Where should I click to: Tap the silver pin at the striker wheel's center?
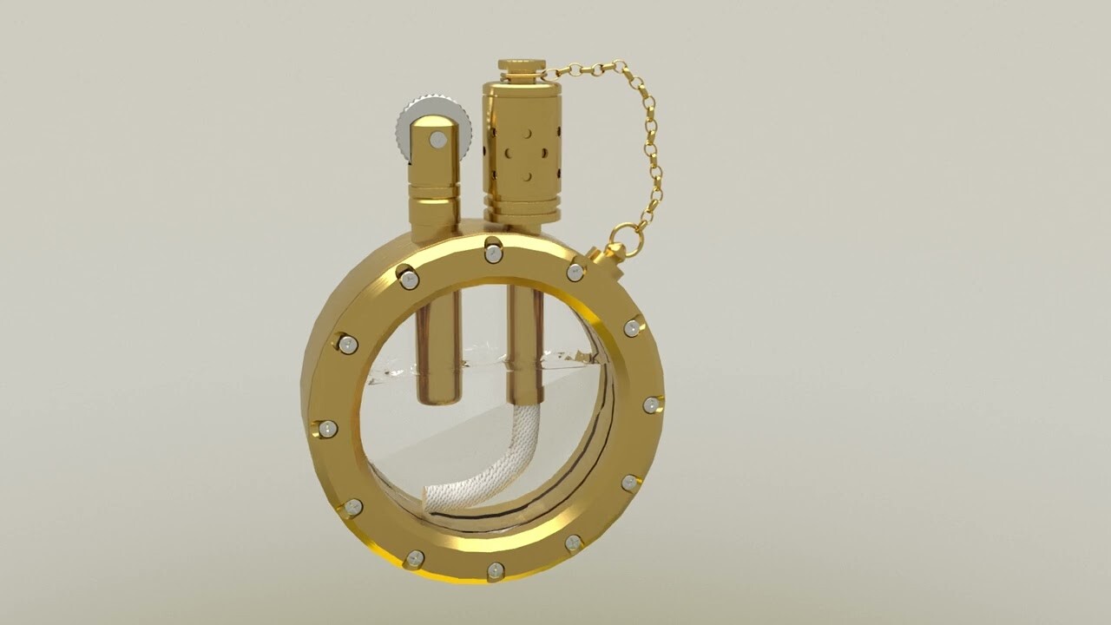tap(438, 140)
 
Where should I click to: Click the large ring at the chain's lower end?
tap(626, 240)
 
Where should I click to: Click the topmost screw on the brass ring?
tap(493, 253)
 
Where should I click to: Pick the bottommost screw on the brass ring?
tap(495, 570)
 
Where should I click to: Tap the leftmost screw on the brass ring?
tap(327, 429)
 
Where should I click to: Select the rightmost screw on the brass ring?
tap(651, 405)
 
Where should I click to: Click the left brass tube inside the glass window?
tap(437, 347)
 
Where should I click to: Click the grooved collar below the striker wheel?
tap(434, 193)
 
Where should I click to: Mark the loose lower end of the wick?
tap(431, 498)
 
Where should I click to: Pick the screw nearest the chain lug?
tap(575, 273)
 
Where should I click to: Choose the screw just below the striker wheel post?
tap(409, 280)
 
